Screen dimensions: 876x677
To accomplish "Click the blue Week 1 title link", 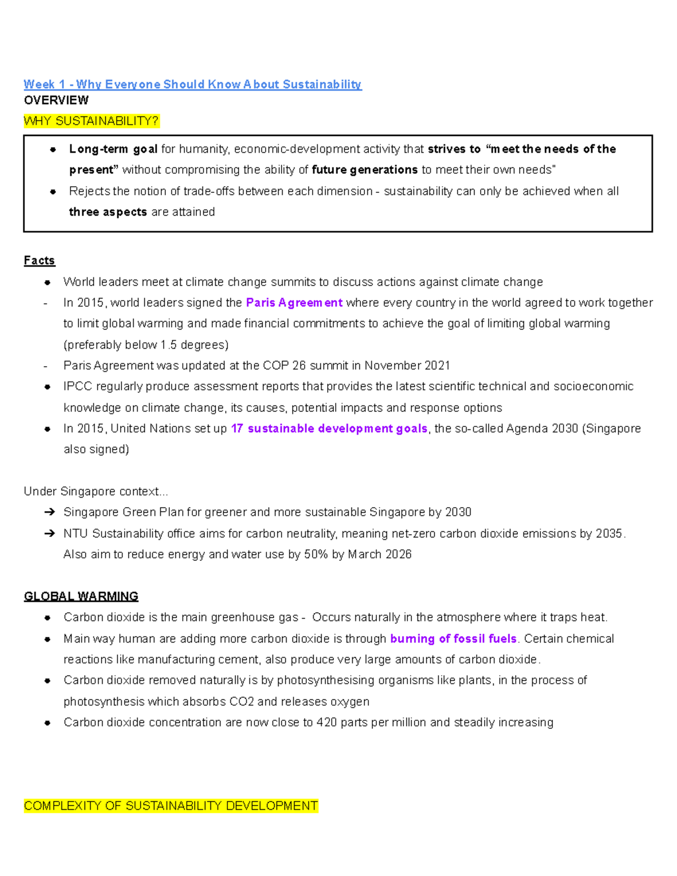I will click(x=192, y=85).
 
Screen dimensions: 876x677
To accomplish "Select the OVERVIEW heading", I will click(x=56, y=100).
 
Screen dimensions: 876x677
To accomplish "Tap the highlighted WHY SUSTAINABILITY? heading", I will click(x=91, y=121).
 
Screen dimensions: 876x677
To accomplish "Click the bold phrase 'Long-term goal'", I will click(x=113, y=149).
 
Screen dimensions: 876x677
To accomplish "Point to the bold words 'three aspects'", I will click(x=108, y=212).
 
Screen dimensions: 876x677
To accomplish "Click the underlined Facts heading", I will click(x=39, y=261).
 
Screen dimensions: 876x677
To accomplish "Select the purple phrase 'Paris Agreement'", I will click(x=294, y=303).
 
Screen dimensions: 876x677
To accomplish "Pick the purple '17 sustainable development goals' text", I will click(x=329, y=429).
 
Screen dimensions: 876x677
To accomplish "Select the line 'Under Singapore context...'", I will click(x=96, y=491).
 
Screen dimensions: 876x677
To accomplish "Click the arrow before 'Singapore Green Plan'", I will click(x=49, y=512).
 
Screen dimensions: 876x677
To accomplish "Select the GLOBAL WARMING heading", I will click(x=81, y=596).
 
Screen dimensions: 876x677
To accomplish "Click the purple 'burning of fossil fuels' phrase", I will click(x=453, y=639).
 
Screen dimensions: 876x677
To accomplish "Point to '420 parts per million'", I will click(x=371, y=723).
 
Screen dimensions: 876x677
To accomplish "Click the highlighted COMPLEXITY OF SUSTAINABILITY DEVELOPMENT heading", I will click(x=170, y=805).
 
